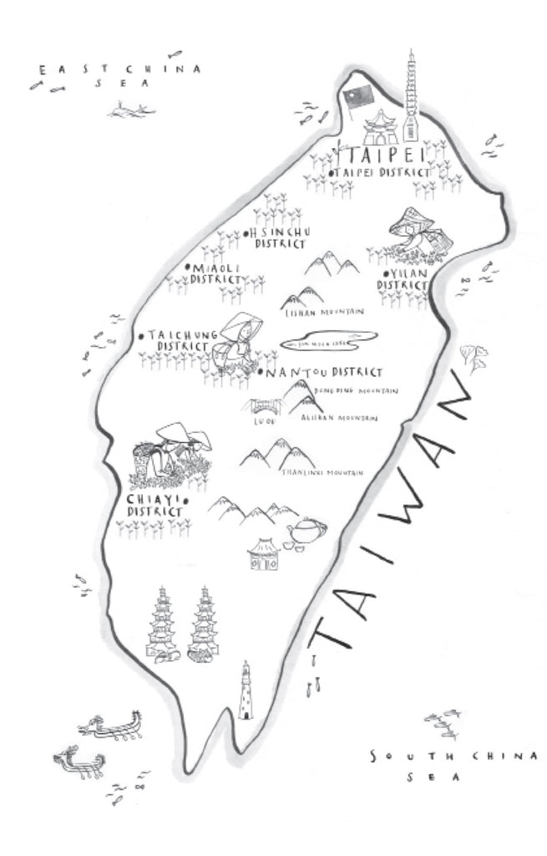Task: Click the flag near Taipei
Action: [x=356, y=98]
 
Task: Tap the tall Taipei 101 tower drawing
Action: [x=409, y=96]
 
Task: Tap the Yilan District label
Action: [x=403, y=278]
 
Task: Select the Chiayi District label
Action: [x=155, y=505]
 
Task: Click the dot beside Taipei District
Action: [x=332, y=172]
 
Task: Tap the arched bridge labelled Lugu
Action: [x=261, y=409]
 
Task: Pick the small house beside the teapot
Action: [x=264, y=554]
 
